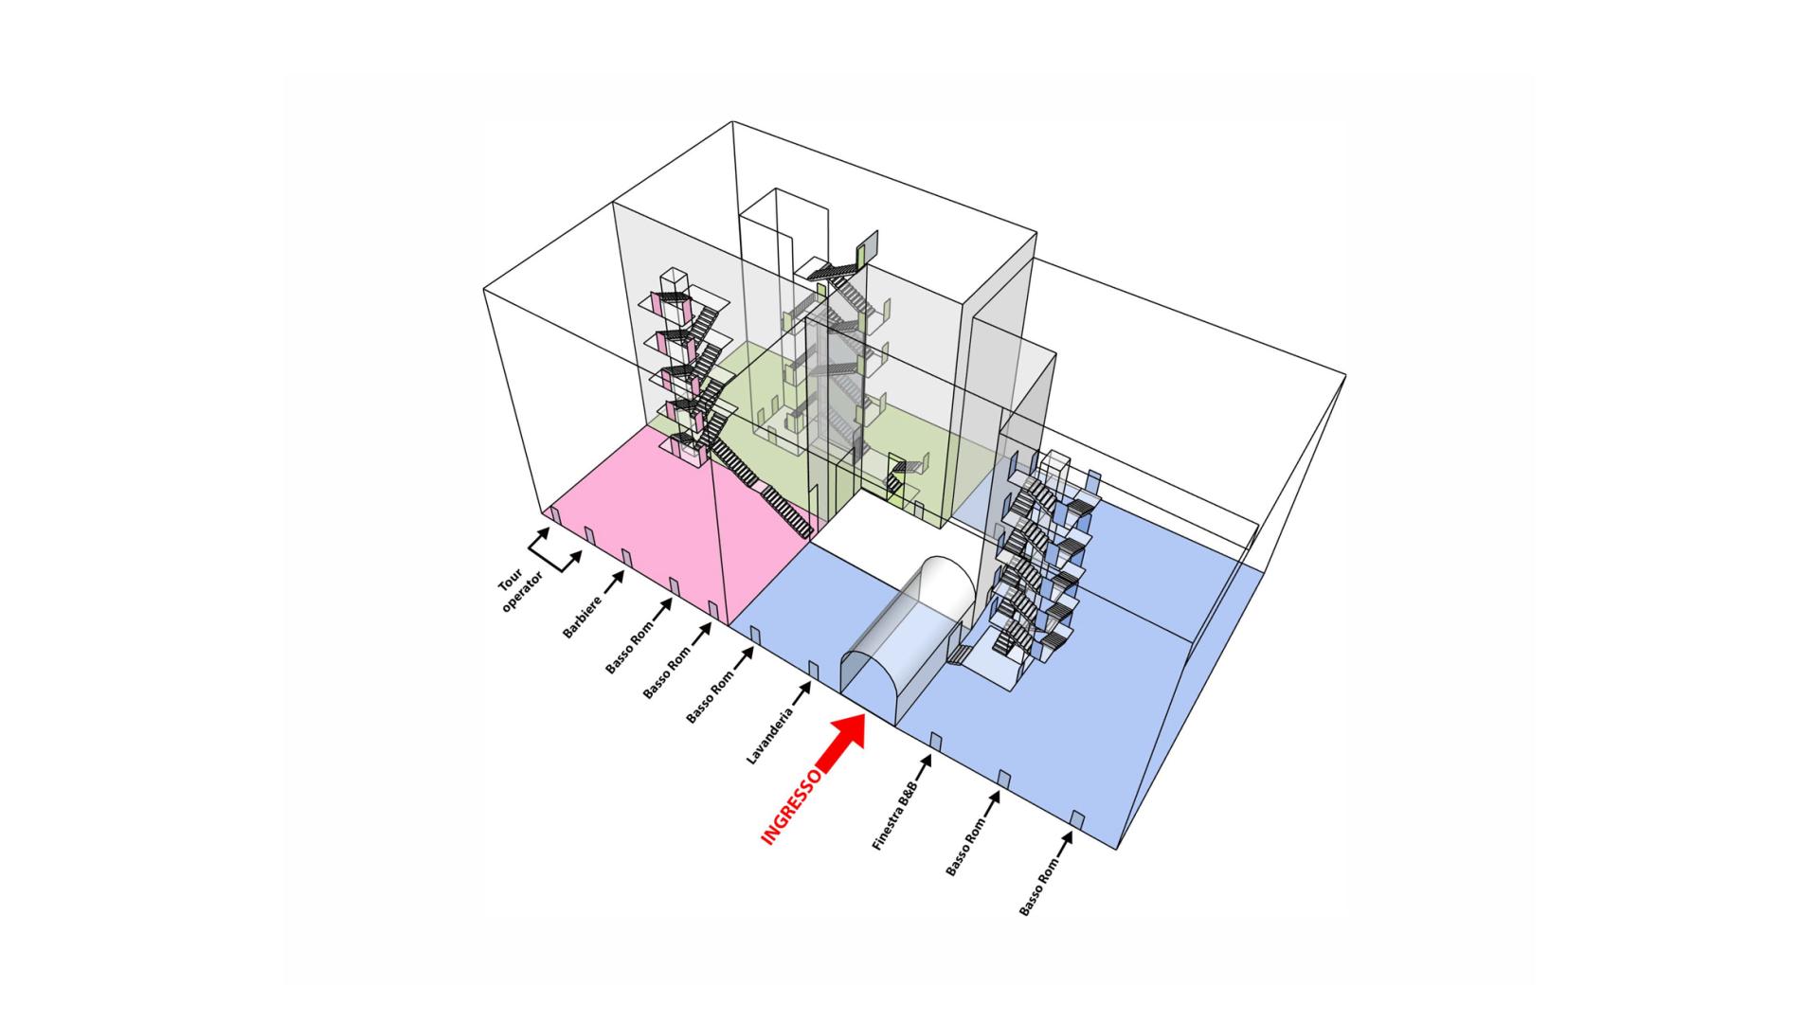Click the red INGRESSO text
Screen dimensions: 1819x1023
pos(792,806)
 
